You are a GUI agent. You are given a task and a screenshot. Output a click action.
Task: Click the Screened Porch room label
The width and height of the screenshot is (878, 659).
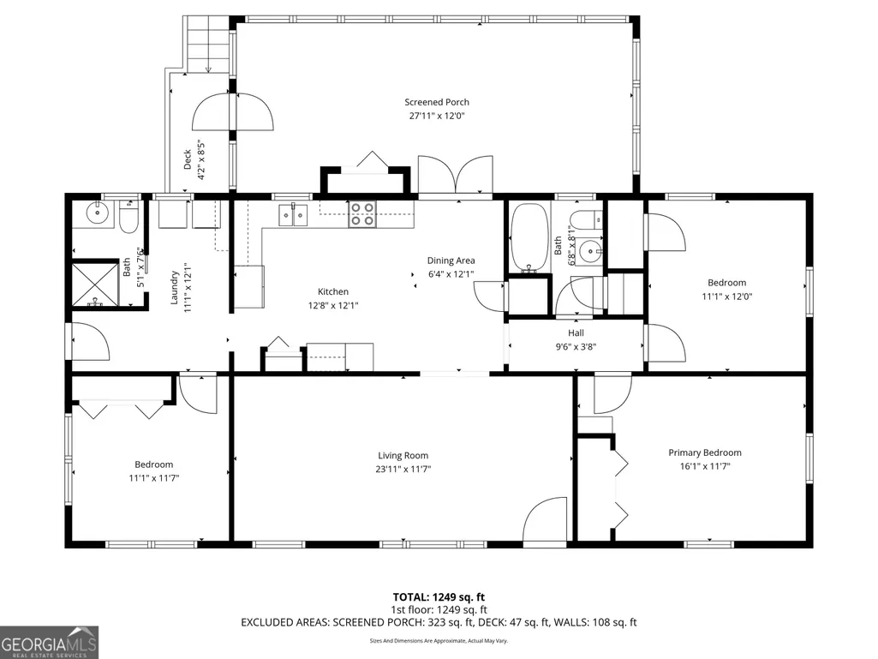point(437,102)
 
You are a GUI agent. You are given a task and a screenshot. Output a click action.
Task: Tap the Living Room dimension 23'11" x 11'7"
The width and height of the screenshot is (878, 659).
point(403,469)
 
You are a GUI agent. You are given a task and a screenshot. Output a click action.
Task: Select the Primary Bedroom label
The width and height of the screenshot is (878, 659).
point(705,452)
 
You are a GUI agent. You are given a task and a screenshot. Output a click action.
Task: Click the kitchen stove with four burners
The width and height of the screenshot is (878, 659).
point(361,214)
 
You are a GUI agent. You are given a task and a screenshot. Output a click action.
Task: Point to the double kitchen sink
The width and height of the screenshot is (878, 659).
point(294,215)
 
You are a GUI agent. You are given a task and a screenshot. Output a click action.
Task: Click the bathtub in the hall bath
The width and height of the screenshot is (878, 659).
point(529,238)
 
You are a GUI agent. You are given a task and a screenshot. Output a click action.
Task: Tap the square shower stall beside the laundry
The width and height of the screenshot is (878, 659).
point(95,285)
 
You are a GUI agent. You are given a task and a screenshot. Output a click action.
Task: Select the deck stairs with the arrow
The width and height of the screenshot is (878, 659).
point(208,45)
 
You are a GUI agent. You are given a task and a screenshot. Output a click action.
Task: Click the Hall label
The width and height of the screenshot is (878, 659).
point(576,332)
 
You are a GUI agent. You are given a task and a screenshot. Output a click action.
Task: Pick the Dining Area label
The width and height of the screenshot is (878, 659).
point(451,261)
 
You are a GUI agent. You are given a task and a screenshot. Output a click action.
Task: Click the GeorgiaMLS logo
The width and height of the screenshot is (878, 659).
point(50,642)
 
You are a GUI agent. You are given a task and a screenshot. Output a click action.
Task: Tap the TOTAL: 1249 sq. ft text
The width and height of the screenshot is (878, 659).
point(439,597)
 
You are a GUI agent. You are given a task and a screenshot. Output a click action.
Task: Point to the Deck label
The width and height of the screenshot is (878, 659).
point(188,159)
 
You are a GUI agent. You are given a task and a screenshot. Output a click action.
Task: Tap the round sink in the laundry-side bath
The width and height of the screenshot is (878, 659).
point(98,213)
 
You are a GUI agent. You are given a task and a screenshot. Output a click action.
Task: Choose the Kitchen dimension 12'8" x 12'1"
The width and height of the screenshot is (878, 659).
point(333,305)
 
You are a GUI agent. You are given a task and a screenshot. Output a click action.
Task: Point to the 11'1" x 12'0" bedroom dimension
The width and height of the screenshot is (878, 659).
point(727,297)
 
